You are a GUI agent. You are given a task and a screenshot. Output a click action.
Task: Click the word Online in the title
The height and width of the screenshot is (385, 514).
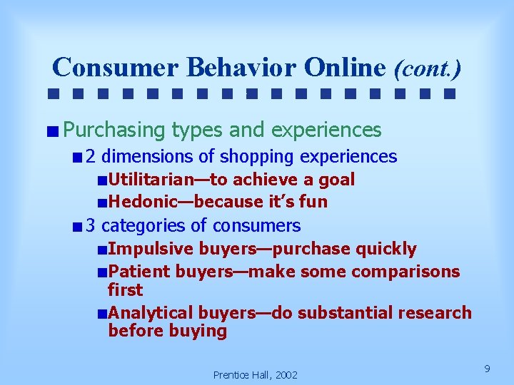point(345,67)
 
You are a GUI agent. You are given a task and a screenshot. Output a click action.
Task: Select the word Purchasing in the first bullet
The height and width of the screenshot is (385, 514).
point(114,130)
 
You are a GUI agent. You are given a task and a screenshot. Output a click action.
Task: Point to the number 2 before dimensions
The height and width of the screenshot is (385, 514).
point(91,156)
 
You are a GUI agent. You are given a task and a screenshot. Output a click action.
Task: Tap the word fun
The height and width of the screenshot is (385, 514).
point(313,202)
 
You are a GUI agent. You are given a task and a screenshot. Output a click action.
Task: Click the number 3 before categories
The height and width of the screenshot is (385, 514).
point(91,226)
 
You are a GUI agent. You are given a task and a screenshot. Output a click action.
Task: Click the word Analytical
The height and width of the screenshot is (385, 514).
point(151,313)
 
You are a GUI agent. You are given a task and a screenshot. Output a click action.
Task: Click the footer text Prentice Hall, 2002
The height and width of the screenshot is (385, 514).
point(256,375)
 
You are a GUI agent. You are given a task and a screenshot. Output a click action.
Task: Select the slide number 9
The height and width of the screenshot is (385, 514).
point(487,369)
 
